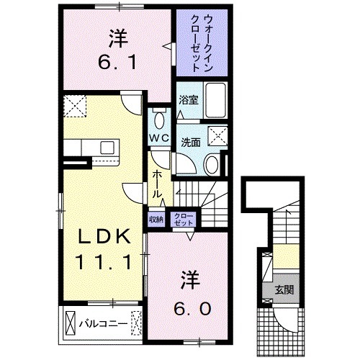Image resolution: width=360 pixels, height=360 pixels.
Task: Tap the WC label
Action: pyautogui.click(x=159, y=137)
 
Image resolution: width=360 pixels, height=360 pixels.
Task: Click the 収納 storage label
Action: pyautogui.click(x=156, y=218)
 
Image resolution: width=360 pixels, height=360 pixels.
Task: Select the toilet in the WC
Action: pyautogui.click(x=159, y=118)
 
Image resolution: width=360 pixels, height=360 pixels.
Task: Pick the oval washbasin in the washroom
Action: pyautogui.click(x=211, y=164)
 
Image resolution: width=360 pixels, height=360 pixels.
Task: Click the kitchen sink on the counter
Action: pyautogui.click(x=109, y=148)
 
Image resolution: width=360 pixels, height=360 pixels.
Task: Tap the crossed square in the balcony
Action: pyautogui.click(x=71, y=322)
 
